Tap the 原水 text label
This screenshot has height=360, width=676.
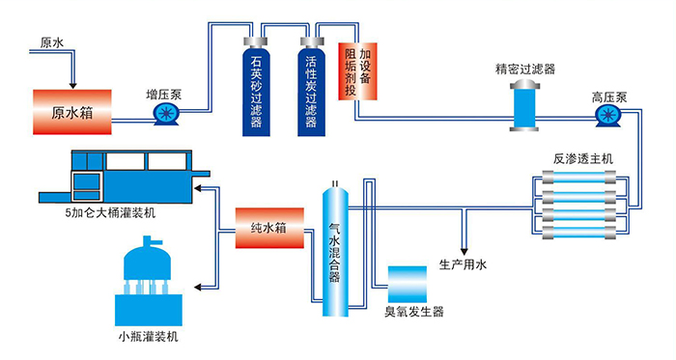[53, 43]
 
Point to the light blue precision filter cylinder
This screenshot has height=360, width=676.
[523, 103]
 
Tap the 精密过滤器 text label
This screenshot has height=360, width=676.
[524, 69]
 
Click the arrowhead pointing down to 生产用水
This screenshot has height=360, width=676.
[465, 246]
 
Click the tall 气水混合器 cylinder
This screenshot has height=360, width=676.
[334, 251]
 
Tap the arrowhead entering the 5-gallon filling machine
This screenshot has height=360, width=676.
[202, 189]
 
